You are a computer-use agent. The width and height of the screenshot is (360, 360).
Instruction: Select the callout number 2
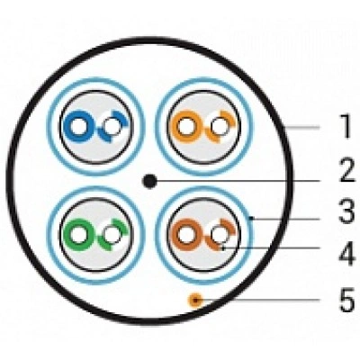point(347,171)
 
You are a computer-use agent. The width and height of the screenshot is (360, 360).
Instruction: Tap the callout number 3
point(347,211)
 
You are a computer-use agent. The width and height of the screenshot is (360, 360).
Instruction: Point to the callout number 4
point(347,256)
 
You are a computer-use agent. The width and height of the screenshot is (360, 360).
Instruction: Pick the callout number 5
point(347,300)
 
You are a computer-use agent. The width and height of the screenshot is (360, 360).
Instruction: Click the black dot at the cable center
point(149,181)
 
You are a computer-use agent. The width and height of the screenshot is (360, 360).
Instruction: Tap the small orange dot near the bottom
point(195,300)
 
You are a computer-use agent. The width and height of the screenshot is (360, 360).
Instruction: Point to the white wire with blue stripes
point(112,126)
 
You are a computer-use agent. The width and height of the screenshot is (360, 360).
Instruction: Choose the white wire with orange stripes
point(220,126)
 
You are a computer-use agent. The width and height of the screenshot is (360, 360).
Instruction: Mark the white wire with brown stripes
point(220,234)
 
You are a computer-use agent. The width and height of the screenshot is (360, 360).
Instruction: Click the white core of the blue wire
point(78,126)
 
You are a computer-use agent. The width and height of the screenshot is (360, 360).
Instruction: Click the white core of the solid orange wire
point(186,127)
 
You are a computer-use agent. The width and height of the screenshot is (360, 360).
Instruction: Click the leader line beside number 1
point(301,128)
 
